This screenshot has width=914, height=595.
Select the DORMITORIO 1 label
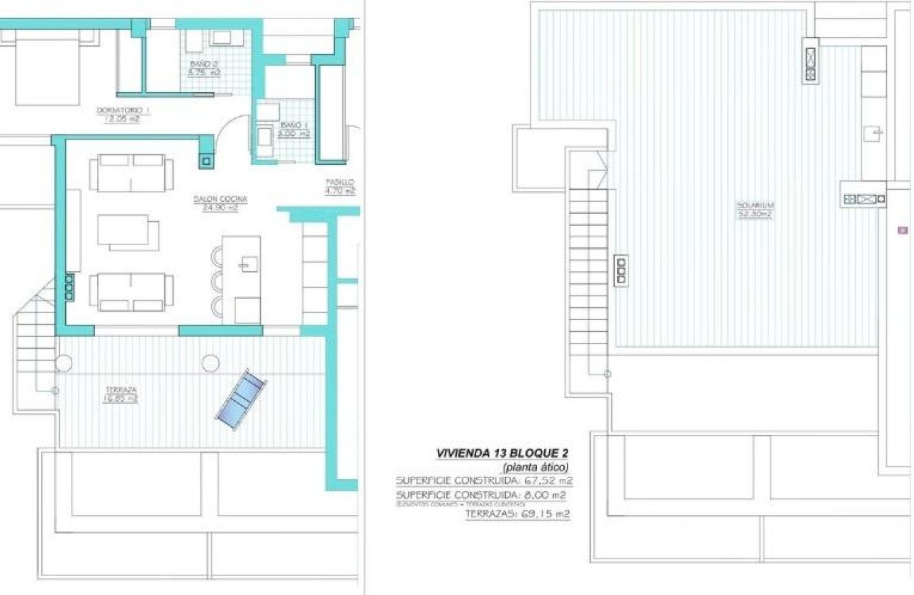[123, 114]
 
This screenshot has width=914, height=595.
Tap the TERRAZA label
[121, 394]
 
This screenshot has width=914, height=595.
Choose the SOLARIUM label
[755, 210]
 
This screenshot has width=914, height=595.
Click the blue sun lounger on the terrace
[241, 398]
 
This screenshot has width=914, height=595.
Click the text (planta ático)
[536, 467]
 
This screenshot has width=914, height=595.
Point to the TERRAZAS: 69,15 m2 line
[517, 514]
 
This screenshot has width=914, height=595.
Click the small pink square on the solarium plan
[902, 229]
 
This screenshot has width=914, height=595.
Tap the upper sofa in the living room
[132, 173]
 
